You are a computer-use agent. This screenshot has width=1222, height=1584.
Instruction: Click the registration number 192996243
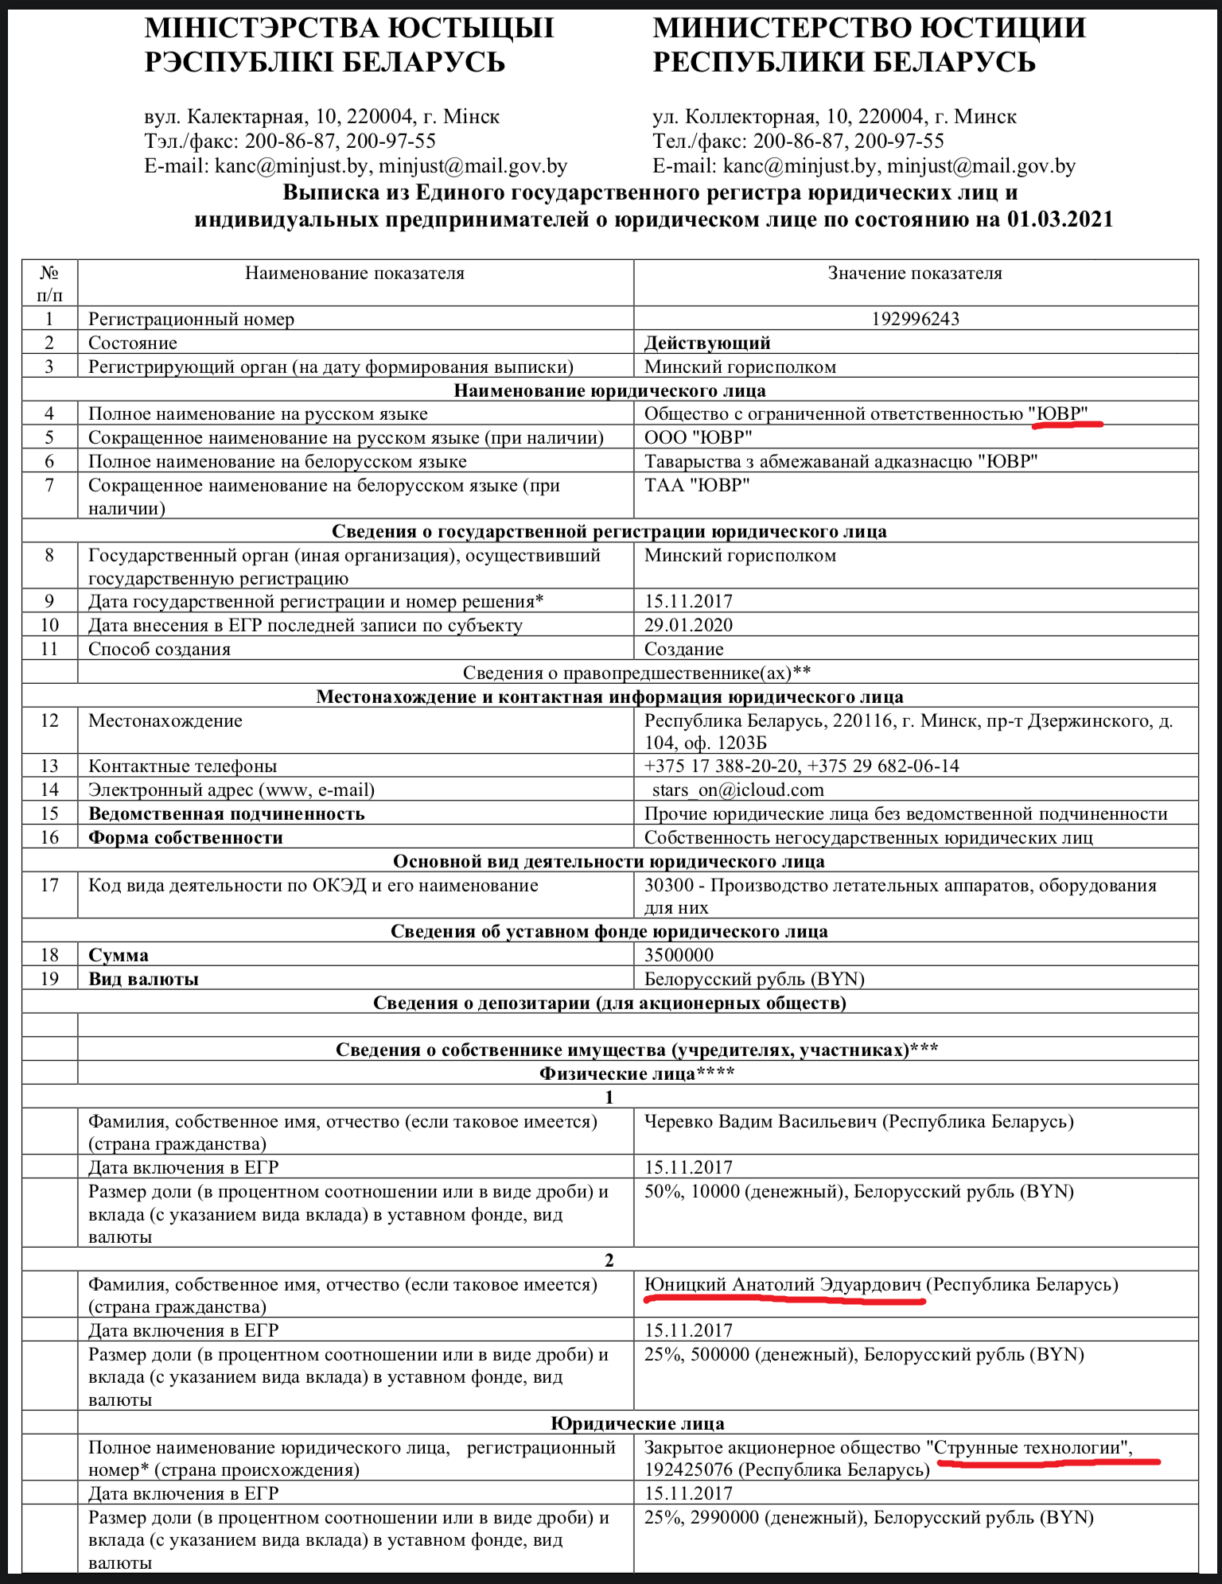click(915, 319)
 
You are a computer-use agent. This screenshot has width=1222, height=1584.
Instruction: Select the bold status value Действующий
click(707, 343)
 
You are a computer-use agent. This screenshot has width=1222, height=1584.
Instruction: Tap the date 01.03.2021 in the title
click(1060, 219)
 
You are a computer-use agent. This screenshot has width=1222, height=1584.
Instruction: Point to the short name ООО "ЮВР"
click(698, 437)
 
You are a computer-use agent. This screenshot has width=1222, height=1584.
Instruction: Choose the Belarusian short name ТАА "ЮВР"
click(697, 485)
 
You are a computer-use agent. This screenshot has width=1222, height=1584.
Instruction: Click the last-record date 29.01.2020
click(688, 625)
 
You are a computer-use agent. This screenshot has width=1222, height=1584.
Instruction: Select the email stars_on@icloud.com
click(737, 790)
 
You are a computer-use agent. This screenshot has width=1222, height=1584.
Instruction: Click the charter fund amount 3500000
click(679, 955)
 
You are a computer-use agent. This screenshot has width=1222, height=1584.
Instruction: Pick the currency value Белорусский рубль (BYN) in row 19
click(754, 979)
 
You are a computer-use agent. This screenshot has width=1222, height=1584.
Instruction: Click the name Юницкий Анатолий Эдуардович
click(782, 1285)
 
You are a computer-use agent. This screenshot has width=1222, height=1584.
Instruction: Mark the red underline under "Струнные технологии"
click(1049, 1462)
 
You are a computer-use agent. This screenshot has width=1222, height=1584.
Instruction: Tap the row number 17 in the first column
click(49, 886)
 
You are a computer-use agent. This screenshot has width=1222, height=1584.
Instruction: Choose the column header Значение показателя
click(915, 274)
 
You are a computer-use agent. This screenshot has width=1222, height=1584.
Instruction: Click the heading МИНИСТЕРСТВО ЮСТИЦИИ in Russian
click(869, 29)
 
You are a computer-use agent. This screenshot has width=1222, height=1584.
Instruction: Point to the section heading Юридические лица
click(637, 1423)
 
